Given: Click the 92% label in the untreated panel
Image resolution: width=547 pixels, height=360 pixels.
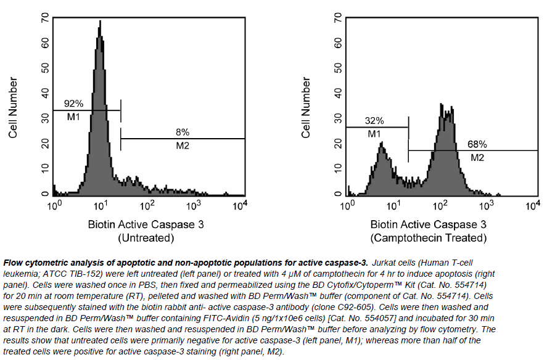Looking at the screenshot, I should [x=73, y=104].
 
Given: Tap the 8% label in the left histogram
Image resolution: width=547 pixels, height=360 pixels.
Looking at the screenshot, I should [x=183, y=132].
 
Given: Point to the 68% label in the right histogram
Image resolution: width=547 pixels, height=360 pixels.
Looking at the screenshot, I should [x=477, y=144].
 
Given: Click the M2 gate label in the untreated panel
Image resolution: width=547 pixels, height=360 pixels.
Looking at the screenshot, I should [x=183, y=146].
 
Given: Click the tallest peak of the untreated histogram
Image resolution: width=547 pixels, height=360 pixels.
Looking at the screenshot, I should [x=99, y=22].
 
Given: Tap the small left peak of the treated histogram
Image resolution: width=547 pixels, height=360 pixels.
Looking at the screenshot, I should [x=382, y=144].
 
